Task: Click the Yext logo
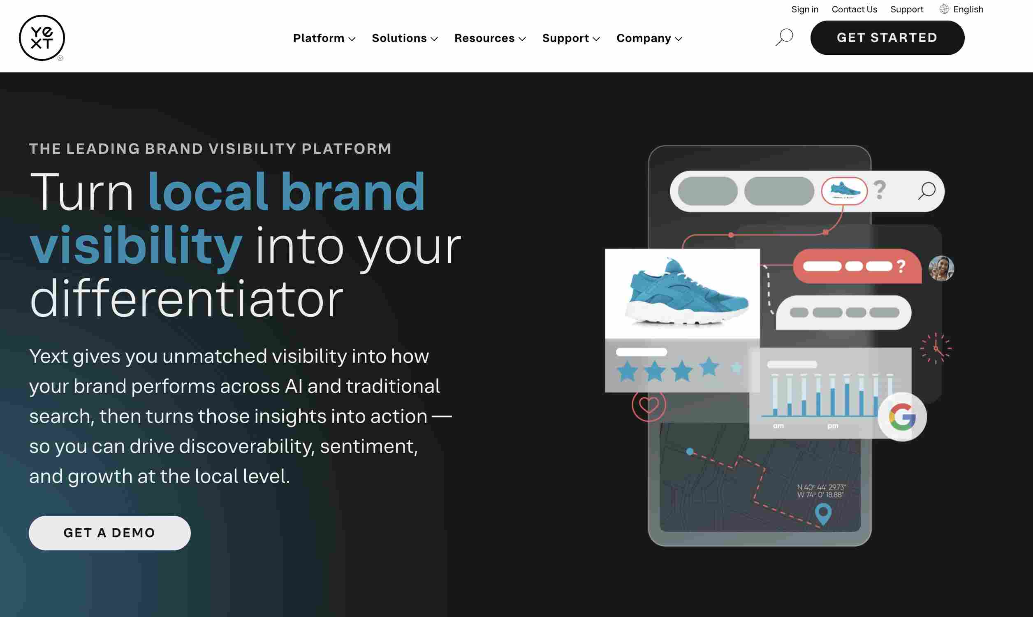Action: [x=42, y=38]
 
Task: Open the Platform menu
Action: [x=324, y=38]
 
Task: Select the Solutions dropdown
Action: [x=405, y=38]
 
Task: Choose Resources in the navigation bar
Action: [x=490, y=38]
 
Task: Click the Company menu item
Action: [x=649, y=38]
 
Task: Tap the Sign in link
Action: [x=804, y=9]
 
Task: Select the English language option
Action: [x=961, y=9]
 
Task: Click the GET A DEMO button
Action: [x=110, y=533]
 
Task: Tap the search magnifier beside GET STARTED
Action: [x=784, y=37]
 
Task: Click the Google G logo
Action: [x=902, y=417]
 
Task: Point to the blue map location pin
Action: [x=823, y=514]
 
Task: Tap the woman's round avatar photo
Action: [x=941, y=268]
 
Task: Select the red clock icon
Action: [x=936, y=348]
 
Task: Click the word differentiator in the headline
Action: [x=187, y=299]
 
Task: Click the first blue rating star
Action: [x=627, y=371]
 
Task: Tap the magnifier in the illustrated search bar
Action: [x=926, y=191]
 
